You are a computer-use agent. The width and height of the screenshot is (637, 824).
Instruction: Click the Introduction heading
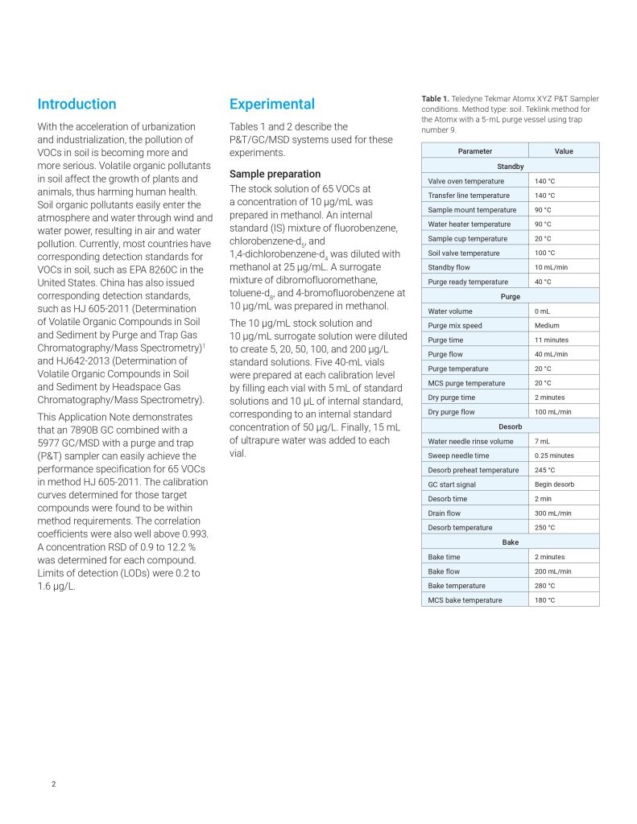pos(77,104)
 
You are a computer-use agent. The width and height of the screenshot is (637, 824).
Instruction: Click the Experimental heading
pos(271,104)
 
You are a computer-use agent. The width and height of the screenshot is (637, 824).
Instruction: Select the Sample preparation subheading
pos(275,174)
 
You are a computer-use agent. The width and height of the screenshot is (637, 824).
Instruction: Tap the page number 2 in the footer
pos(54,784)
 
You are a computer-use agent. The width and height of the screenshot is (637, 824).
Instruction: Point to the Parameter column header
pos(474,151)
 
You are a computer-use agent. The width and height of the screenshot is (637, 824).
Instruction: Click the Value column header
pos(564,151)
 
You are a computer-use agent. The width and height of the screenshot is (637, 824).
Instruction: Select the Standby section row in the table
pos(510,167)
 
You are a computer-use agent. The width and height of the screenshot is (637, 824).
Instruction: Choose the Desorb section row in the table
pos(510,426)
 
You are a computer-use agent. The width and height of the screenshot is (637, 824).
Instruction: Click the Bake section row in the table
pos(510,542)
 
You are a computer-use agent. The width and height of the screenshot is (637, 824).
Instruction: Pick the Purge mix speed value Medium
pos(547,325)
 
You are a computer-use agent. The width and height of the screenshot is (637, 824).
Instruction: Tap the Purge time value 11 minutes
pos(551,340)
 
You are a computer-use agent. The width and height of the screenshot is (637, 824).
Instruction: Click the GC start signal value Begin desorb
pos(554,484)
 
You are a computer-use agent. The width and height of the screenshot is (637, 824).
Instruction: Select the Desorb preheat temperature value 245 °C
pos(544,470)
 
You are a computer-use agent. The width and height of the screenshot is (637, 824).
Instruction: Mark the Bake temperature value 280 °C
pos(544,586)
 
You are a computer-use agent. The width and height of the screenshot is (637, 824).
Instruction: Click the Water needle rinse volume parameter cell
pos(470,441)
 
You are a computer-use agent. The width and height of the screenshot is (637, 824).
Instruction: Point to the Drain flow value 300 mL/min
pos(552,513)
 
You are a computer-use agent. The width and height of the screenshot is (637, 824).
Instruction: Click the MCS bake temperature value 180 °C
pos(544,600)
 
